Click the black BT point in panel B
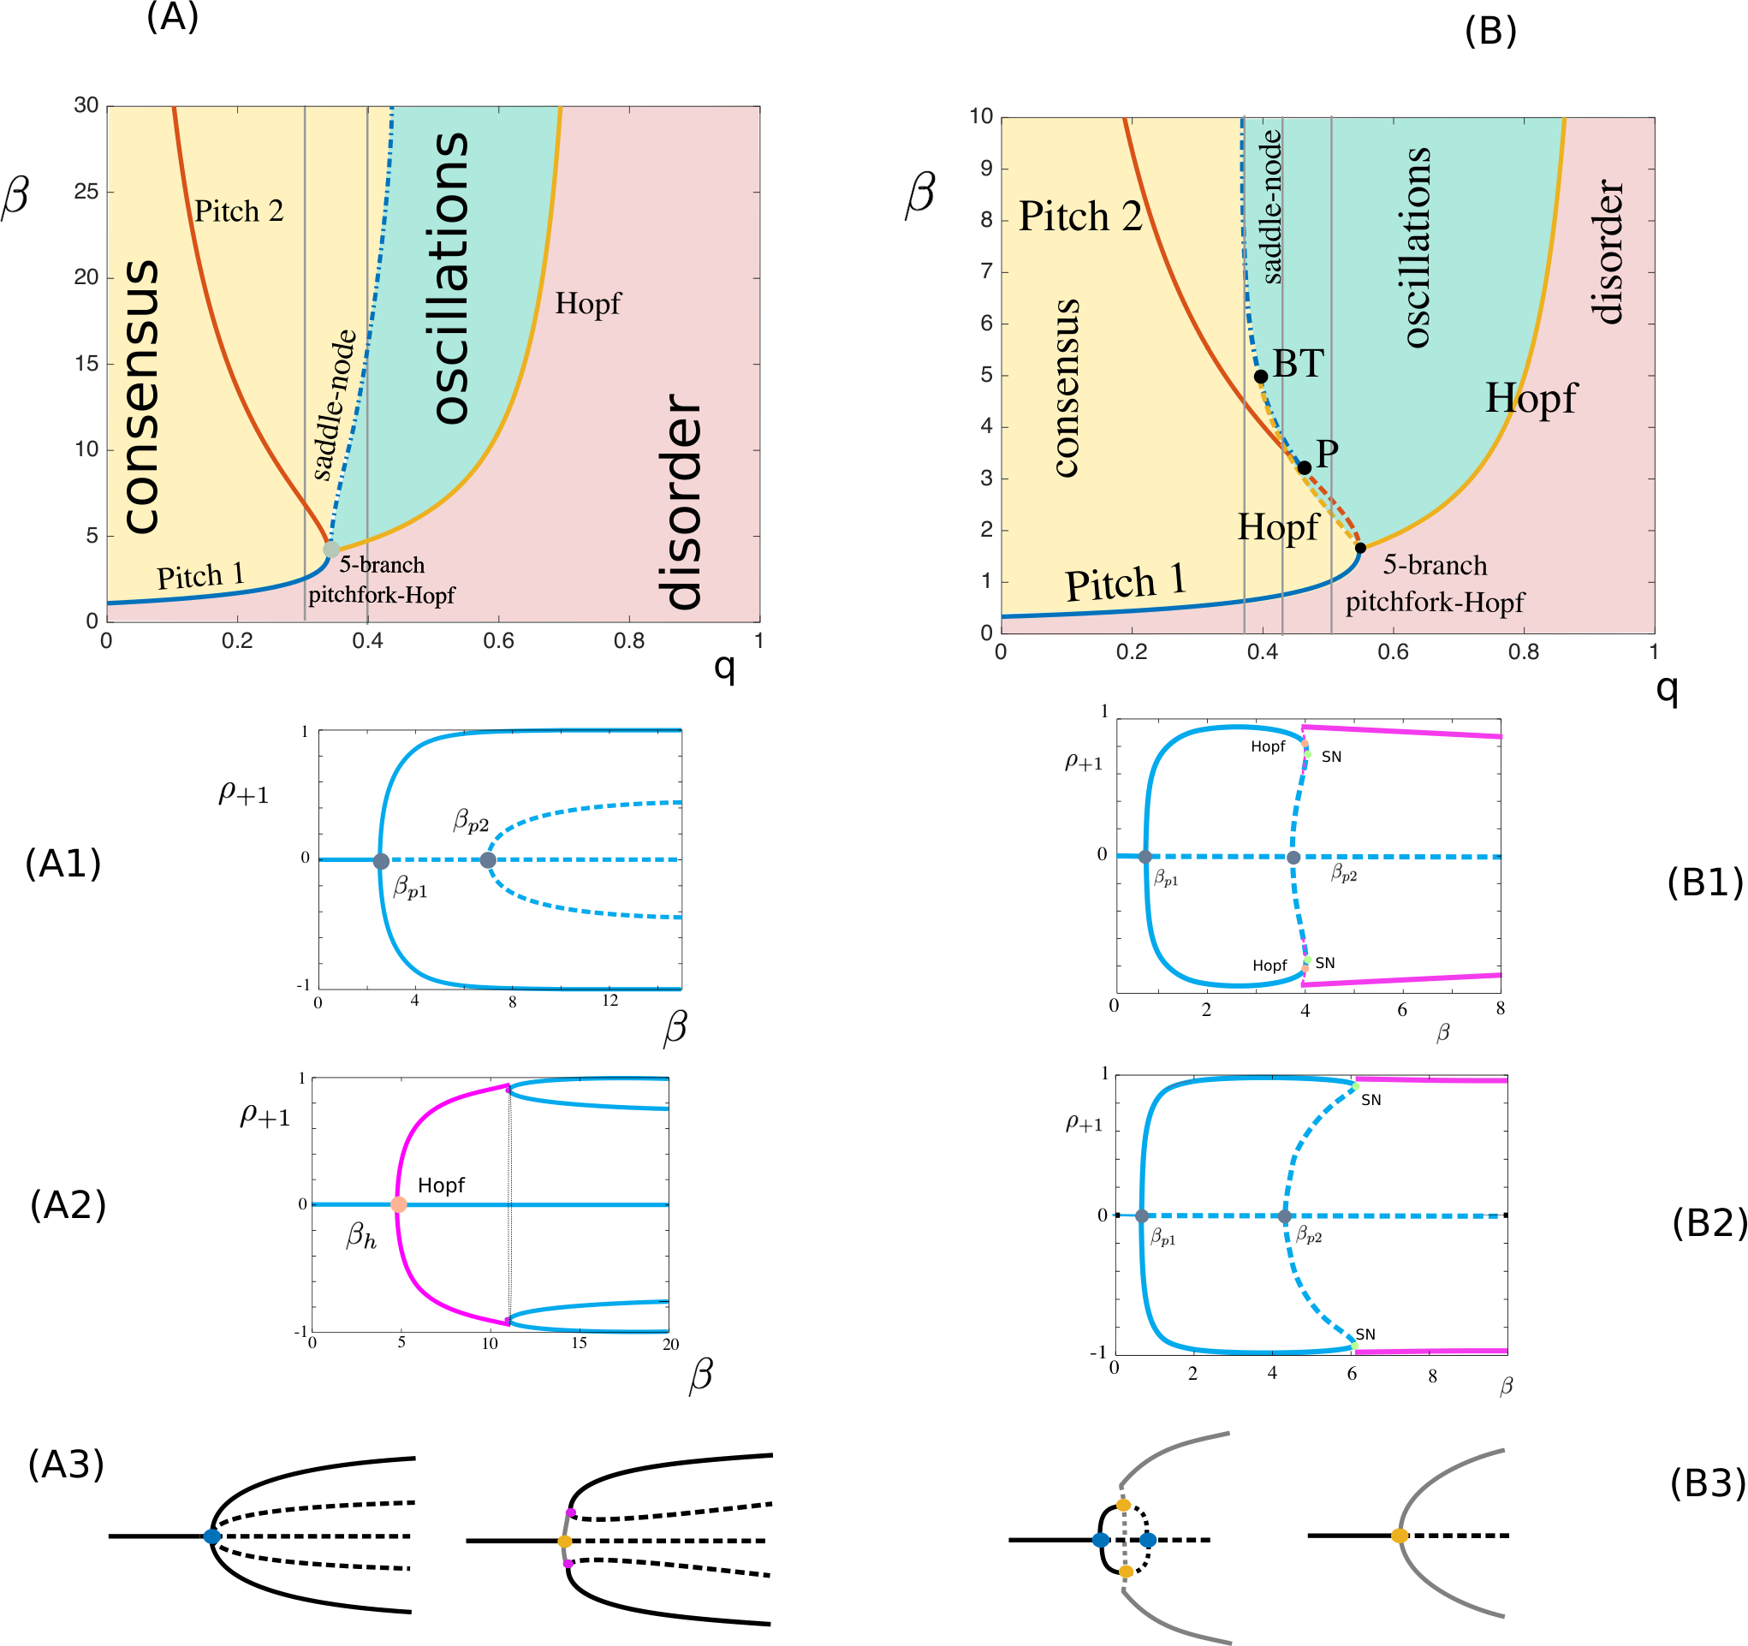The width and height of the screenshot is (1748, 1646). point(1260,377)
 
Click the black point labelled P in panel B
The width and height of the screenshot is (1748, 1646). point(1304,467)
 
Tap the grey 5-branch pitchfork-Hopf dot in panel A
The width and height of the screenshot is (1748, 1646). point(330,550)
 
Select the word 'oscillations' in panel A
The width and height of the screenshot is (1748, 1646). point(451,278)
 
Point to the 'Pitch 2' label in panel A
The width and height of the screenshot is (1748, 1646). point(238,211)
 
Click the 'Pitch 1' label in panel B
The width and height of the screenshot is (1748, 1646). point(1126,583)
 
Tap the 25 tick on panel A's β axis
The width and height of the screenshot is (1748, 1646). point(86,191)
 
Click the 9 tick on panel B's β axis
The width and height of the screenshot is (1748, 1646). point(986,168)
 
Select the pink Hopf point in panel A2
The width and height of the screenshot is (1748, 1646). point(398,1203)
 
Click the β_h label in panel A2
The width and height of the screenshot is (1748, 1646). point(360,1235)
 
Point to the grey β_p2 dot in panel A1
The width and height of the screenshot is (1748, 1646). point(487,860)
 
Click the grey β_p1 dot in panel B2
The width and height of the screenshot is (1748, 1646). point(1141,1216)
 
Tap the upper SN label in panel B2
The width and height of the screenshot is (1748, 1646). point(1370,1100)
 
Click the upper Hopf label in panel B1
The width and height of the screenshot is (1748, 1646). point(1268,746)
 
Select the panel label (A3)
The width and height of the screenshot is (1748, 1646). point(66,1464)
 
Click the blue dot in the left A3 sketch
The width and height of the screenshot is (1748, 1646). point(212,1536)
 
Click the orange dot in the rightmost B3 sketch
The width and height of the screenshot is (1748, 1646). point(1399,1536)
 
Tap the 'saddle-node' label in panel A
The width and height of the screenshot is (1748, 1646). point(335,405)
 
